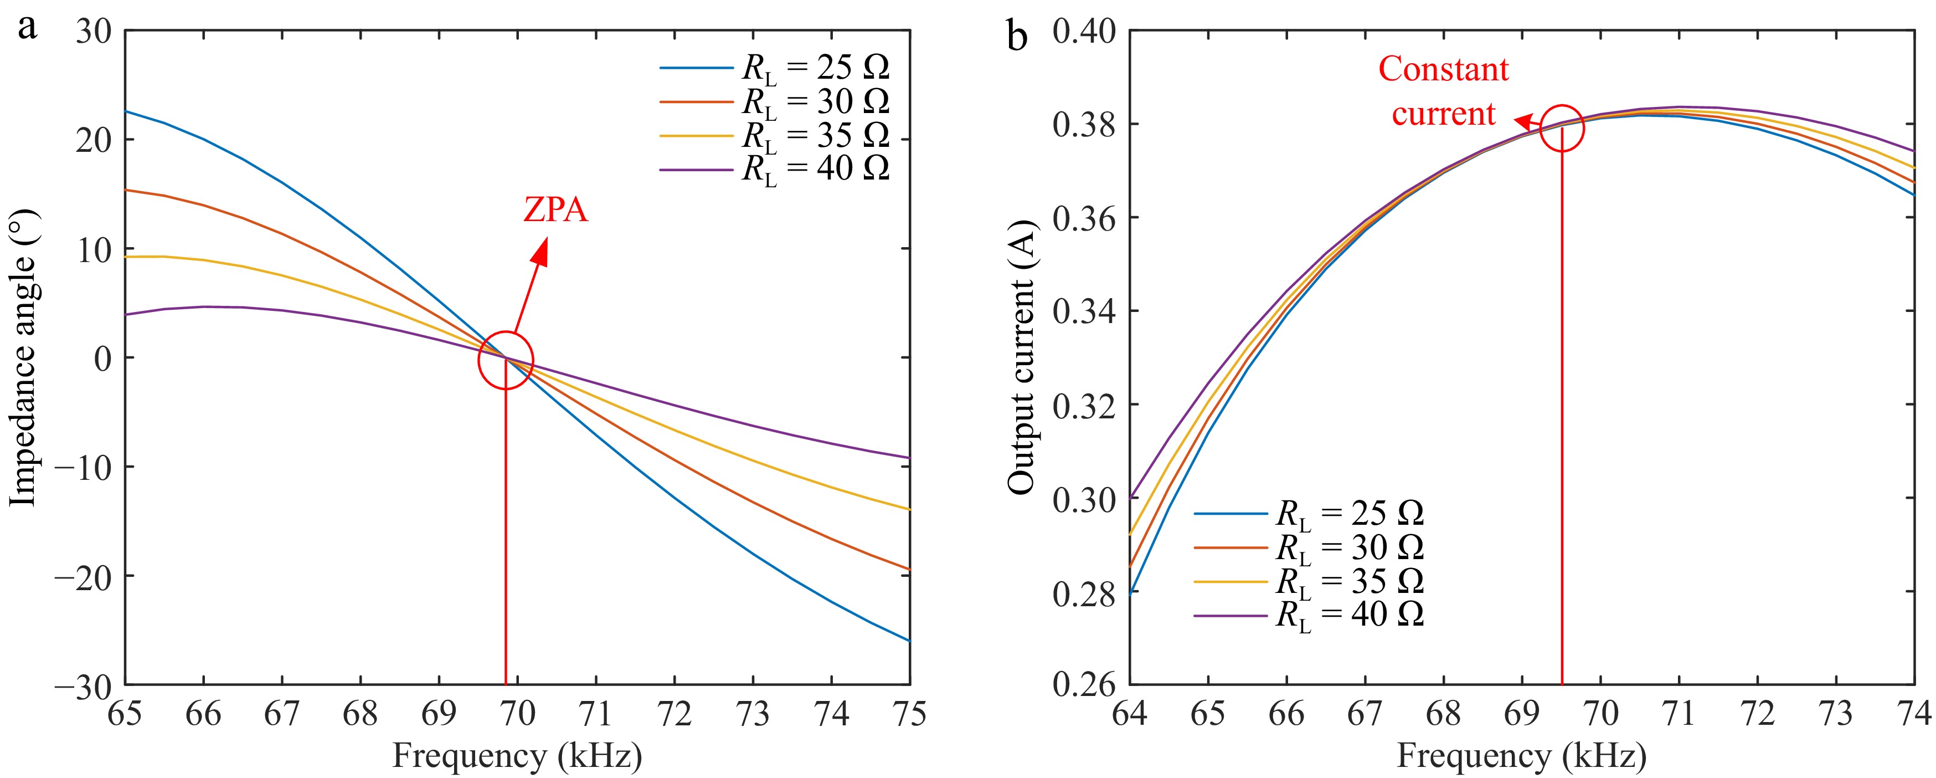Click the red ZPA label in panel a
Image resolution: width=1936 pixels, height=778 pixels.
pos(555,209)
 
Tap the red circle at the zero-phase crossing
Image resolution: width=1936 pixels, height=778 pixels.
pos(506,360)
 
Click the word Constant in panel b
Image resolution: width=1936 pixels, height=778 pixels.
pos(1443,69)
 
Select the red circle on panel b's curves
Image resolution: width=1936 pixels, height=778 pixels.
pos(1562,128)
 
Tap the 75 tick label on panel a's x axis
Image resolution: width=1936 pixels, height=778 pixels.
pos(909,713)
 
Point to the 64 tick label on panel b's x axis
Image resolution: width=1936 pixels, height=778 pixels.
pos(1130,713)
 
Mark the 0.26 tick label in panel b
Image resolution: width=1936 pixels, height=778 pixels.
pos(1083,685)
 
